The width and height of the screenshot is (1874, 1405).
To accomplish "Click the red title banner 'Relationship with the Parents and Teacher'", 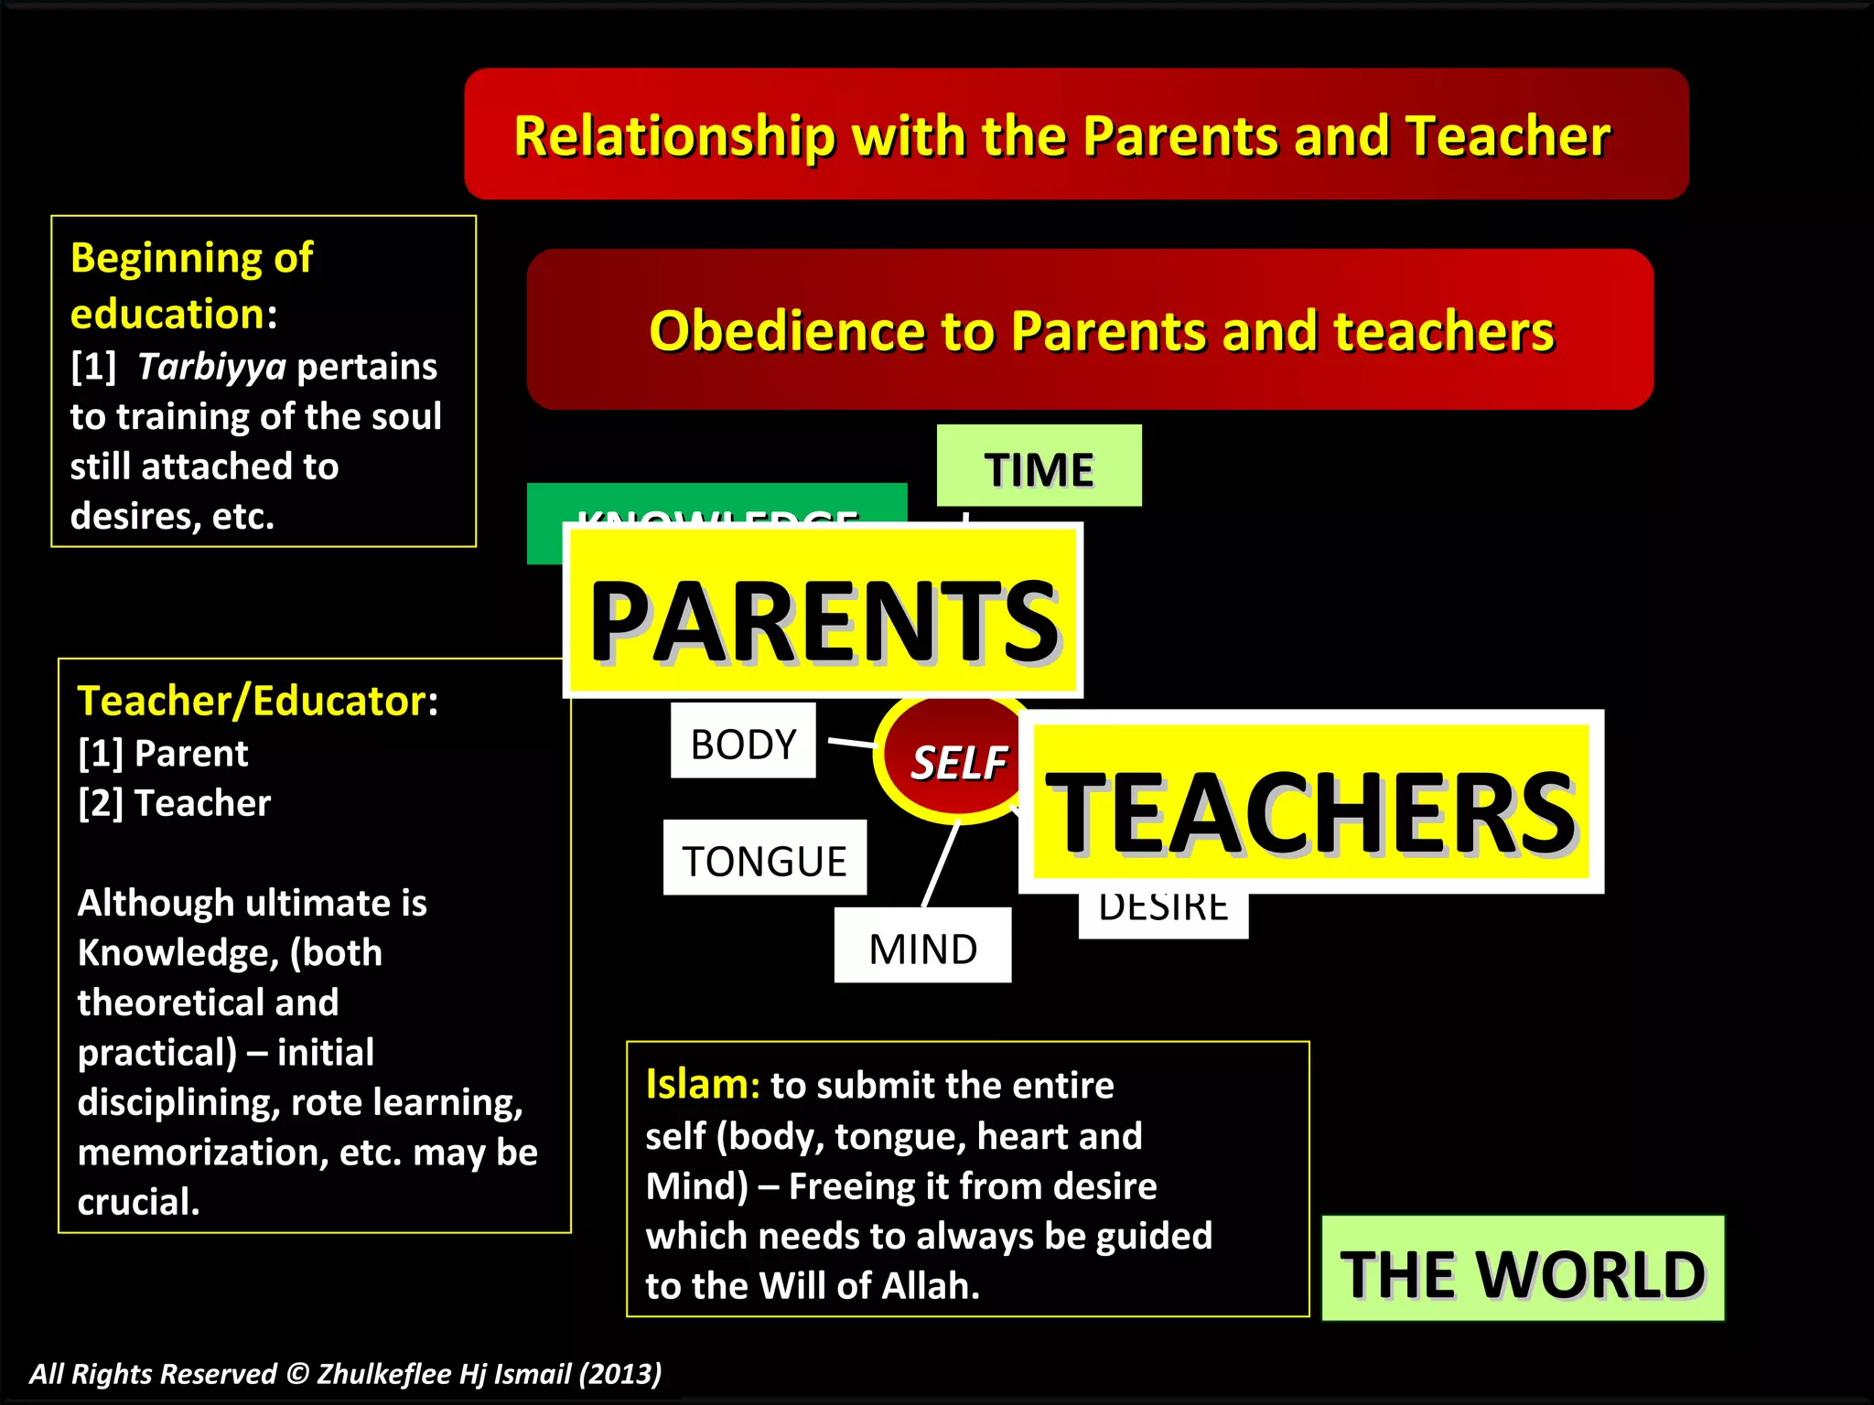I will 1076,134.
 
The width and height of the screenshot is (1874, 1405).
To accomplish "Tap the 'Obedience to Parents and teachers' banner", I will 1090,329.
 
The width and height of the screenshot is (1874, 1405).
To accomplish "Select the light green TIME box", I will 1039,467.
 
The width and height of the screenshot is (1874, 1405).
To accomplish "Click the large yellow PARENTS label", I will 824,611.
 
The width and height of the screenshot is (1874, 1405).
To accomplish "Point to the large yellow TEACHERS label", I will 1310,802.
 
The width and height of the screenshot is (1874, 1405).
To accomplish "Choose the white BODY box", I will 742,741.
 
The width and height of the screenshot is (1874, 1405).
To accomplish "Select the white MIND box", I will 922,946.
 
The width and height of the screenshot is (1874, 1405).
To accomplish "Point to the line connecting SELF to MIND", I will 941,865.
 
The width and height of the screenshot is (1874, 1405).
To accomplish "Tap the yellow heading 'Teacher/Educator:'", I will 257,702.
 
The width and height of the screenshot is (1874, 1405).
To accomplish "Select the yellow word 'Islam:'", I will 702,1085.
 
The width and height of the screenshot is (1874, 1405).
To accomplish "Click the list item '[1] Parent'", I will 163,754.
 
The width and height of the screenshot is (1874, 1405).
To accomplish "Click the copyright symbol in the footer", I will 296,1373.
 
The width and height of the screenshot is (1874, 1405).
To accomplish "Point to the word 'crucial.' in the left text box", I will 138,1202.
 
